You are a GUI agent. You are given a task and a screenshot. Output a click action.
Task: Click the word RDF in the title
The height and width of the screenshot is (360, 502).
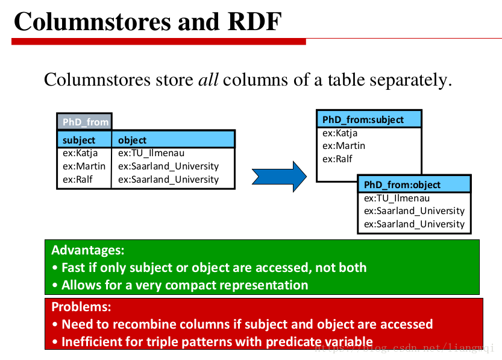254,22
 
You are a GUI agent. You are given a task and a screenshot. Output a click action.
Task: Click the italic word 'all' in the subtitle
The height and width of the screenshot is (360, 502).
208,79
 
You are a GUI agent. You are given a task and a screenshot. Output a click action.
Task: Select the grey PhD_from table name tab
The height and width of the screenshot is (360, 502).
84,122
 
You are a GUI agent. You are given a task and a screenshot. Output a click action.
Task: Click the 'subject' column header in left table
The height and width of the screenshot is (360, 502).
79,140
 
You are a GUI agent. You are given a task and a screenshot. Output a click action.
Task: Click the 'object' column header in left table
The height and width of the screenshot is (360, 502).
132,140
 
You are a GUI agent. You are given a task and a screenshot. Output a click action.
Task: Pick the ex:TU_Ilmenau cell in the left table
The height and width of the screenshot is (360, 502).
151,153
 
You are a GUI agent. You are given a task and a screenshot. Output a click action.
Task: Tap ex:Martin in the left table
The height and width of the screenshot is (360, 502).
84,166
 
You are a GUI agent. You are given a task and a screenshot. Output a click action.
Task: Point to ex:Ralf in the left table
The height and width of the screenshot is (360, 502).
78,179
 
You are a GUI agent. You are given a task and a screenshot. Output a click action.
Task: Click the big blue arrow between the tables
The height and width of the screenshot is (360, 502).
279,177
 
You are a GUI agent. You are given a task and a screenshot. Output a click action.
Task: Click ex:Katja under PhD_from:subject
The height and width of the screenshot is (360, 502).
340,133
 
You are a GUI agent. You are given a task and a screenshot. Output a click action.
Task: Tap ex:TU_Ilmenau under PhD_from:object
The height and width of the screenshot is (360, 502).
397,198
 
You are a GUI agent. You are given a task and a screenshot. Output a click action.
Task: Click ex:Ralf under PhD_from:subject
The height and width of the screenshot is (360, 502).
337,159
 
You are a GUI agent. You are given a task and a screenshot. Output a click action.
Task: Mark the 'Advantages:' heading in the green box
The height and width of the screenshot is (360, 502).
88,250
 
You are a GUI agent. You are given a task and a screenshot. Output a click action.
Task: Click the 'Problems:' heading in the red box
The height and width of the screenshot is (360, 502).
81,307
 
